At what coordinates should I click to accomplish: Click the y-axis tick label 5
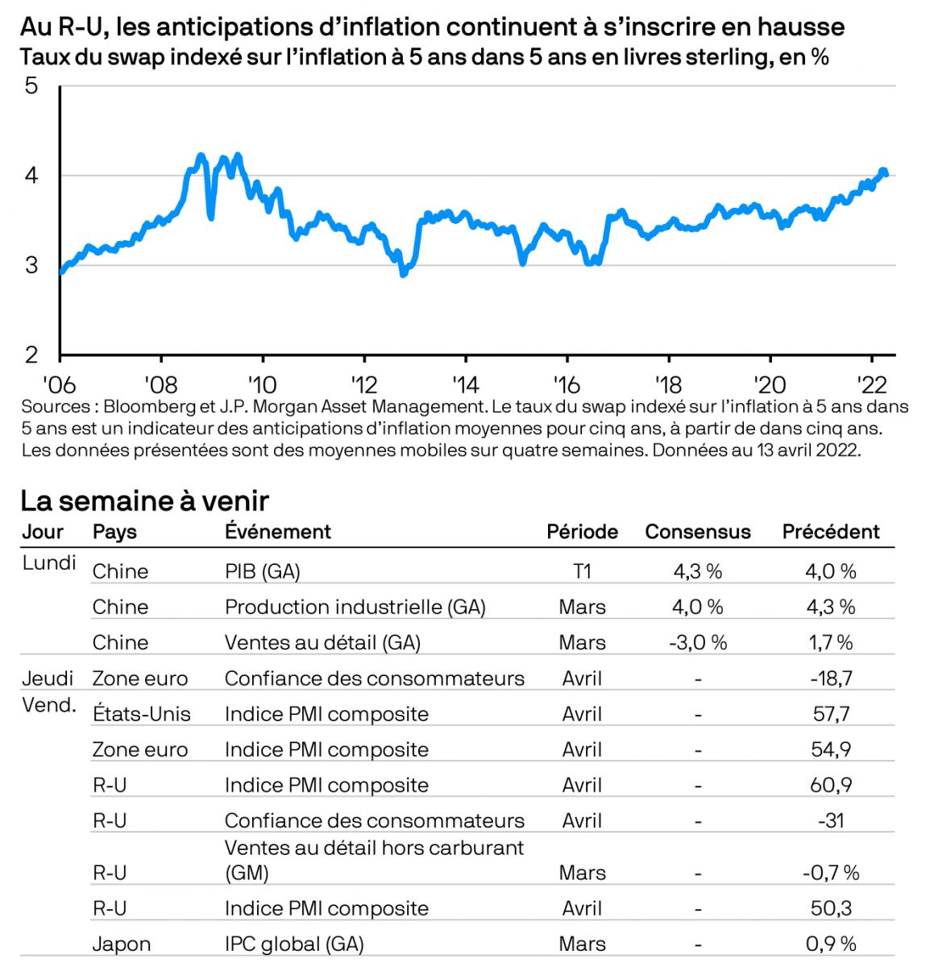[31, 85]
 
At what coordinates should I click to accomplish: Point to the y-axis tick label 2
[31, 355]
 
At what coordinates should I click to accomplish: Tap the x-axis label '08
[160, 383]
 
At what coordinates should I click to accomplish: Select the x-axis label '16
[567, 383]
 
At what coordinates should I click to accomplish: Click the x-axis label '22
[871, 383]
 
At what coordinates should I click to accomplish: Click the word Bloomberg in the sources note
[149, 407]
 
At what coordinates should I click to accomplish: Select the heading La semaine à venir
[144, 500]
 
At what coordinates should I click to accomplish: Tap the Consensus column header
[697, 532]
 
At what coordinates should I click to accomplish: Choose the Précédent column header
[831, 532]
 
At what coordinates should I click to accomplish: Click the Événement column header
[277, 532]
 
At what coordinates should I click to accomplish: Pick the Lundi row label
[49, 562]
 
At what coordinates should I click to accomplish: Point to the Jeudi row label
[48, 679]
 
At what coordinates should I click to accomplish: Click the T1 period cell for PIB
[582, 571]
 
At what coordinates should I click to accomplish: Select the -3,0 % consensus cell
[698, 642]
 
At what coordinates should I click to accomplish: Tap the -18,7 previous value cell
[831, 679]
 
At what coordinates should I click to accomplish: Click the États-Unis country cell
[142, 714]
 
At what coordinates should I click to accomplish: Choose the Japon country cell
[121, 944]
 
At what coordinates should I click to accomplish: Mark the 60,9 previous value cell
[831, 785]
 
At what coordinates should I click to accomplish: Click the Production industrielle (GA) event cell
[355, 607]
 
